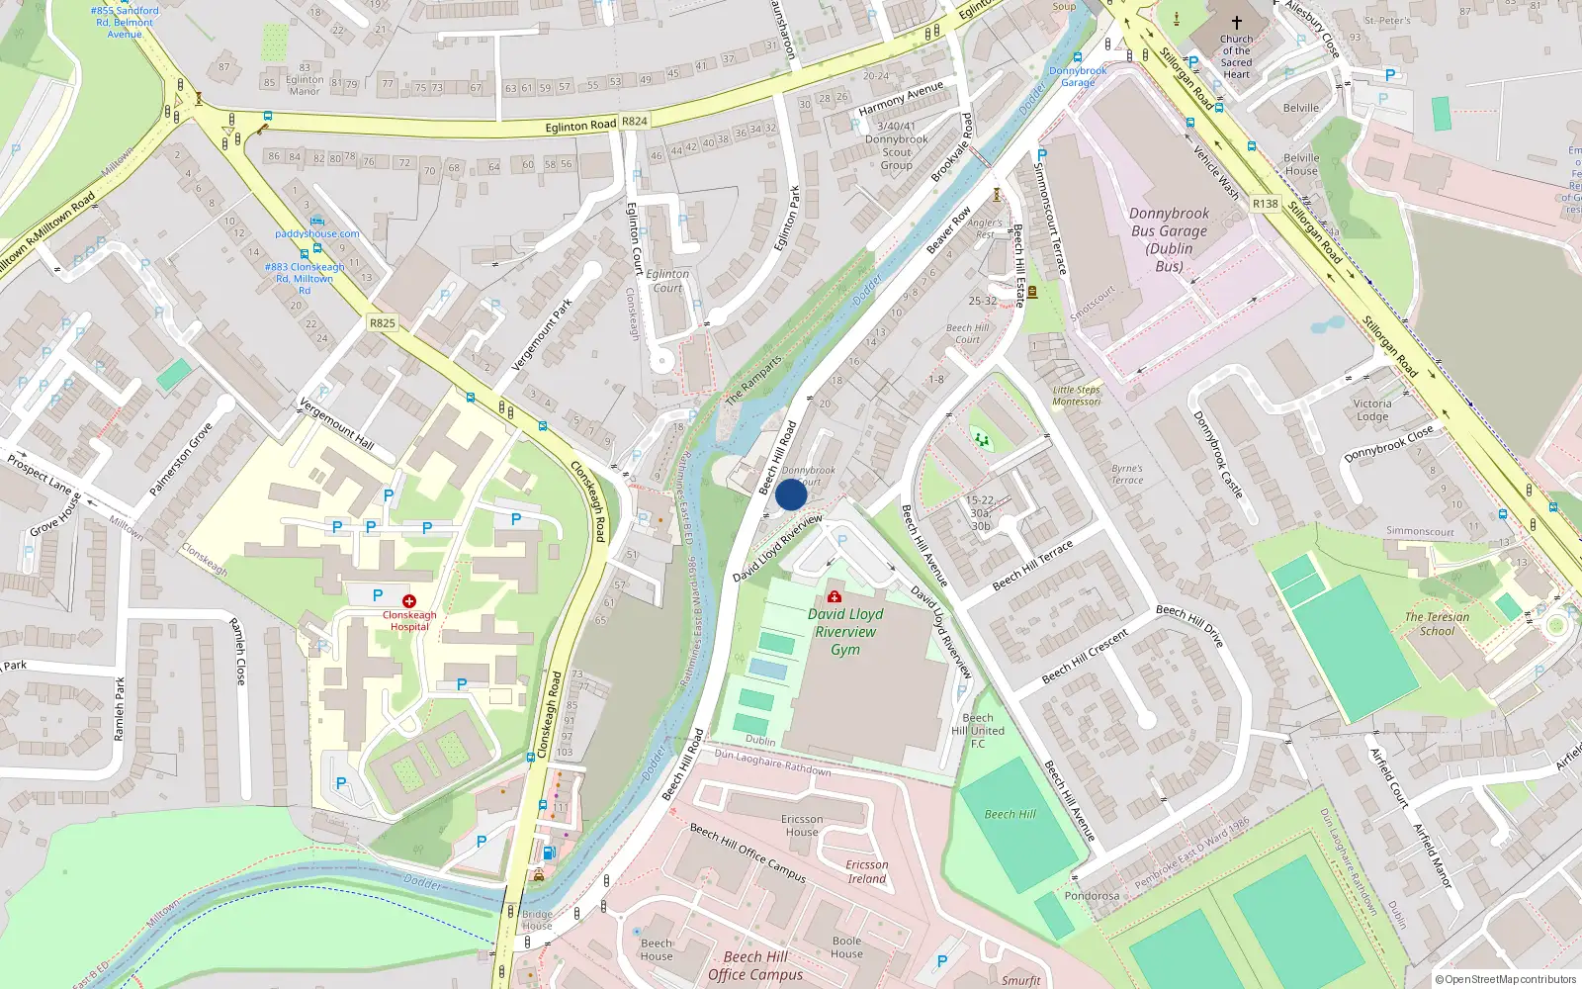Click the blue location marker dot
coord(791,494)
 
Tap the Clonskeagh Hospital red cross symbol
coord(409,601)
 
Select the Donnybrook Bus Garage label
coord(1169,239)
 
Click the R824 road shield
coord(634,122)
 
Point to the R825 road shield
coord(382,323)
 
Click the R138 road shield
coord(1265,204)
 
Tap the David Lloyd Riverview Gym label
coord(845,632)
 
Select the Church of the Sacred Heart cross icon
coord(1236,22)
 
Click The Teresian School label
coord(1437,624)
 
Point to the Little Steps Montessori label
coord(1076,396)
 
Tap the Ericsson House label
coord(802,826)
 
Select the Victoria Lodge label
coord(1372,410)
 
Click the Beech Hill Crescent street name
coord(1085,657)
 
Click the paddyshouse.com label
coord(317,234)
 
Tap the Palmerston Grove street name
coord(181,460)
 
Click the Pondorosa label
coord(1092,896)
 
